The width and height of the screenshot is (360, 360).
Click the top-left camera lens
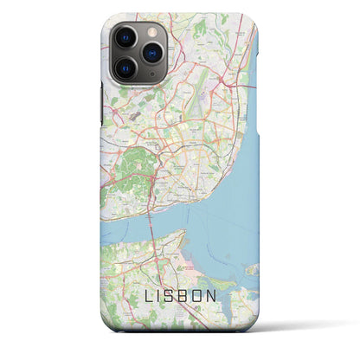pyautogui.click(x=125, y=39)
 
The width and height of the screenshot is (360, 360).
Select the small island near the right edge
pyautogui.click(x=252, y=270)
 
